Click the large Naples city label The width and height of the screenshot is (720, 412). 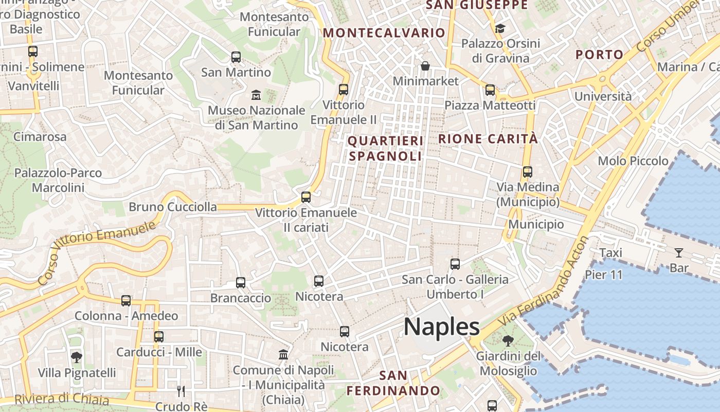441,327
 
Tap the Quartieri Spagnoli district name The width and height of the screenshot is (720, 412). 385,148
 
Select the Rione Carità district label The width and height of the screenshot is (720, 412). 488,139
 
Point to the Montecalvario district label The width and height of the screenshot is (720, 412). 384,33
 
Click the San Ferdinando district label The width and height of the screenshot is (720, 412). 393,383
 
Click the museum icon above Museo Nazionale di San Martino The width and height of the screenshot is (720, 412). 256,95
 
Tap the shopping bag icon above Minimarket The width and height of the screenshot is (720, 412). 425,66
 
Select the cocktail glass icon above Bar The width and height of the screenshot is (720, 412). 679,252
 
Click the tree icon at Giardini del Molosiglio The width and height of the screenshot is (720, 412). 508,340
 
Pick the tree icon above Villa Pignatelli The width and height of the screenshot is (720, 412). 77,357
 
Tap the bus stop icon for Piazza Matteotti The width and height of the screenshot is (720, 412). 490,90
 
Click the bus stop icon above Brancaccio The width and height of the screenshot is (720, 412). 240,282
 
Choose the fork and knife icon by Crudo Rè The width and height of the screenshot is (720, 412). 181,391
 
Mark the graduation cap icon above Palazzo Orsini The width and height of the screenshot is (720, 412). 500,28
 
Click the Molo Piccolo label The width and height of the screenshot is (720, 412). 633,161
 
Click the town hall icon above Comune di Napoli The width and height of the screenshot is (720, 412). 283,354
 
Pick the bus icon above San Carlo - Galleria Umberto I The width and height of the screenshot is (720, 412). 455,264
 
